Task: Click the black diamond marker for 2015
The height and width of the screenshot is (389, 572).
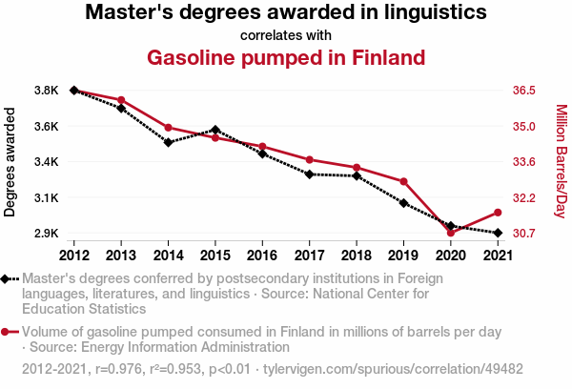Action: pyautogui.click(x=215, y=130)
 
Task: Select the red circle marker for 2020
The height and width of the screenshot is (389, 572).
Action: pyautogui.click(x=450, y=233)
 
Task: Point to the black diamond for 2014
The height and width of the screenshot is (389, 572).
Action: pyautogui.click(x=168, y=143)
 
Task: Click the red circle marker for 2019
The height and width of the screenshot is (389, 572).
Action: pyautogui.click(x=403, y=181)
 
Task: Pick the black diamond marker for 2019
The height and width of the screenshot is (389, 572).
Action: pyautogui.click(x=403, y=203)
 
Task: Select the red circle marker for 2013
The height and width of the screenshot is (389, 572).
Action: pyautogui.click(x=121, y=100)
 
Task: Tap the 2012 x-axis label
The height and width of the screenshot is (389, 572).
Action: pyautogui.click(x=73, y=256)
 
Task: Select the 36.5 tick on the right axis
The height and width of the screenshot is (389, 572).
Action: pyautogui.click(x=526, y=91)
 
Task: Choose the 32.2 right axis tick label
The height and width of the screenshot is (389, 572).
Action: pyautogui.click(x=526, y=198)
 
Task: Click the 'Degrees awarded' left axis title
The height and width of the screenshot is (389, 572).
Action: pyautogui.click(x=10, y=161)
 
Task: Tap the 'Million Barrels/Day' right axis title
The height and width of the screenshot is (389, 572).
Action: pyautogui.click(x=561, y=161)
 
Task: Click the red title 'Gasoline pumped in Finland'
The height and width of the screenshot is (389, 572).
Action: pyautogui.click(x=286, y=57)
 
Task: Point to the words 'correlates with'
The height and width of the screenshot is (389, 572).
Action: pyautogui.click(x=286, y=35)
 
